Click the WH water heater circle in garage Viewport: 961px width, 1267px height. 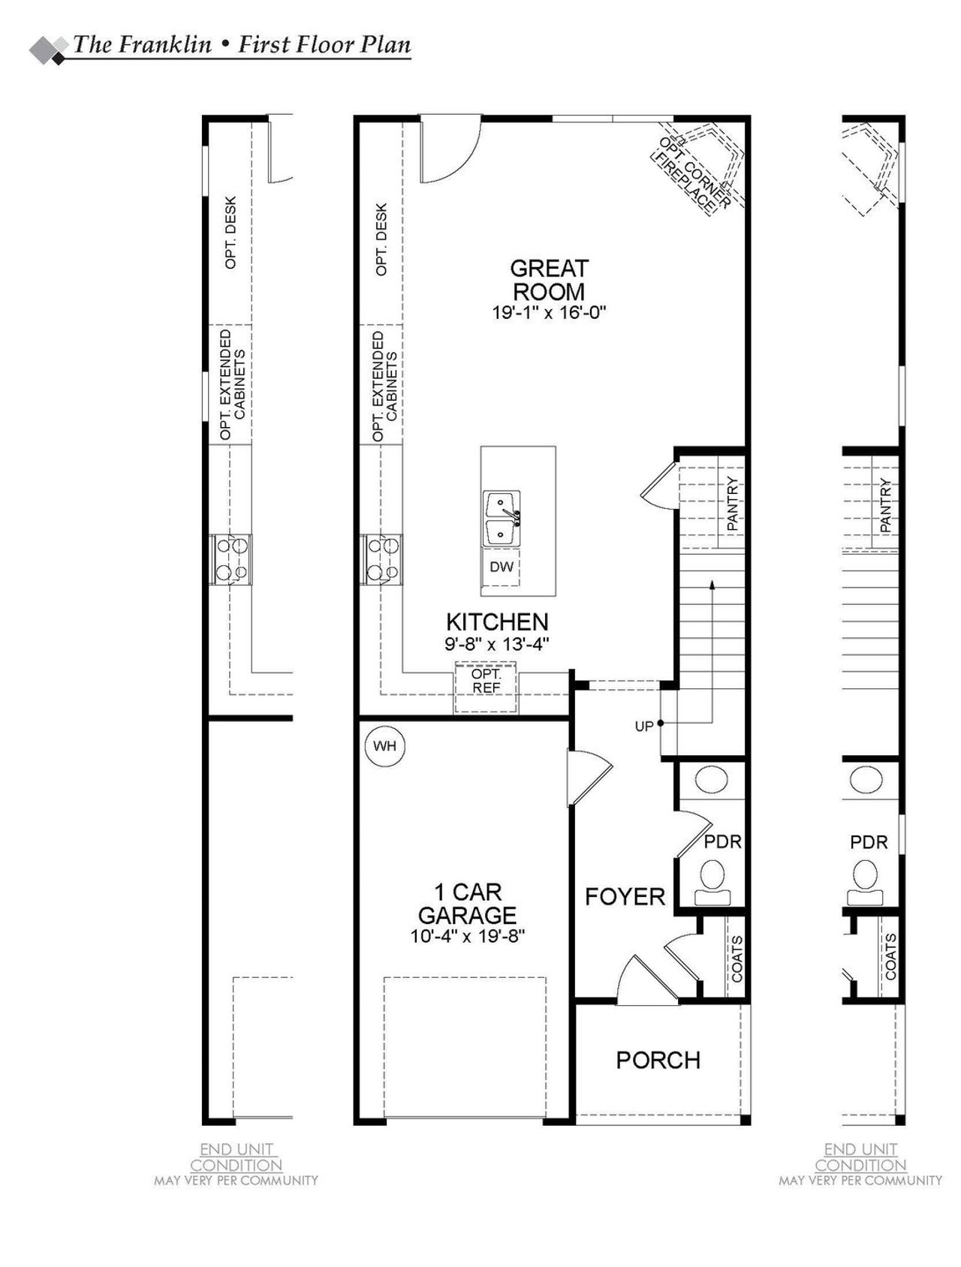[384, 746]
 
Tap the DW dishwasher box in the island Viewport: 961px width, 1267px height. [502, 567]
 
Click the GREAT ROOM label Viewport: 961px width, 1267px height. [549, 279]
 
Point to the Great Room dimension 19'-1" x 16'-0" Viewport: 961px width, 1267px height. [549, 313]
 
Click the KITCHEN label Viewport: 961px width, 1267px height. [497, 621]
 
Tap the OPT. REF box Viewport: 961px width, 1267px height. [486, 681]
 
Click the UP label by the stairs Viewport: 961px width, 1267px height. [644, 726]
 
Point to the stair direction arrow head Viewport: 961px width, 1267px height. [711, 583]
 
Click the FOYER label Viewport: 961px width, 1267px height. [625, 896]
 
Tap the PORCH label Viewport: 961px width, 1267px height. [658, 1060]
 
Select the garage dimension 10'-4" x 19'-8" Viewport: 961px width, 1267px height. [467, 936]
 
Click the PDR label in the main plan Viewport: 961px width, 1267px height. [722, 841]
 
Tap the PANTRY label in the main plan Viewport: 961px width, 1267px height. [733, 504]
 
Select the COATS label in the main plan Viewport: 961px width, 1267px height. [737, 959]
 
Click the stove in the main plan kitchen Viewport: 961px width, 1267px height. [381, 559]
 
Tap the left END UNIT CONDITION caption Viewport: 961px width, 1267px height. [236, 1157]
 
